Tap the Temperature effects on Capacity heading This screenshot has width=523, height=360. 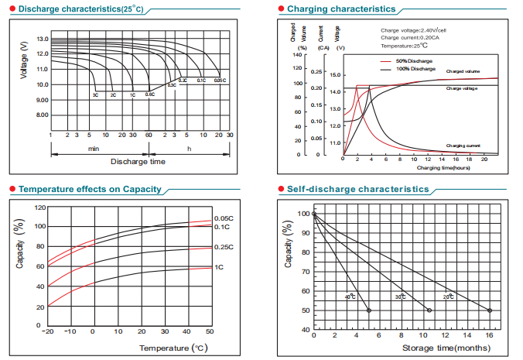point(90,189)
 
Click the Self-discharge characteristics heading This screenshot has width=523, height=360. point(357,189)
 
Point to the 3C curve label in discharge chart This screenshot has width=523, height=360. point(95,94)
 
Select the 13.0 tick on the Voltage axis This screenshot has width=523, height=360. point(41,39)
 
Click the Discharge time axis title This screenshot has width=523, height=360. point(138,162)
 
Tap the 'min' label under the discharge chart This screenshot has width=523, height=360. point(94,147)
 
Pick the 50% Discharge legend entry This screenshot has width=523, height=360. point(413,60)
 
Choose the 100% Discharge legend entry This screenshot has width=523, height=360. point(415,69)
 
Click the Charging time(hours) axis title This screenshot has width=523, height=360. point(443,167)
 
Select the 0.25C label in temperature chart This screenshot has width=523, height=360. point(223,248)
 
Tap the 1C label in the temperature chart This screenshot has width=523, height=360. point(219,267)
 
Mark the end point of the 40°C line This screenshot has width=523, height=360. point(368,310)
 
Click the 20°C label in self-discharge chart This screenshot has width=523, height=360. point(449,297)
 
